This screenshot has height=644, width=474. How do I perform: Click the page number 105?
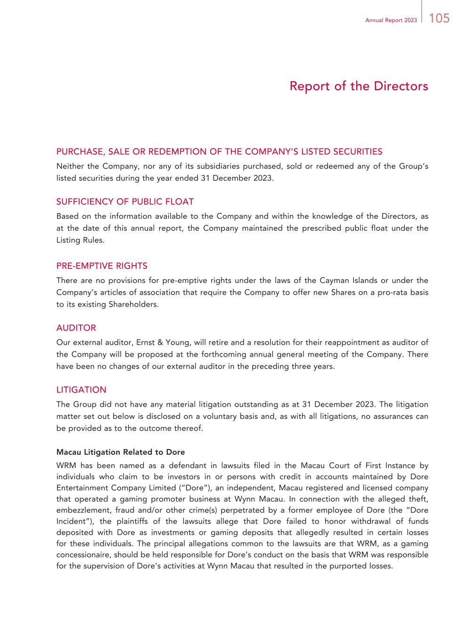439,18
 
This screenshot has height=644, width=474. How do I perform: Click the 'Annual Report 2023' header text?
391,20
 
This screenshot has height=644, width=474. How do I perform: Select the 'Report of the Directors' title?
359,86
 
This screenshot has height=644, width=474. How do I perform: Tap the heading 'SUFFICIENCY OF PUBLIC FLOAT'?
125,202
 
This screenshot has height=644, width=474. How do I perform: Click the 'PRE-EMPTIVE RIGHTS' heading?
102,266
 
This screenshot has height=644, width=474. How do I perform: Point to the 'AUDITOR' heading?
76,328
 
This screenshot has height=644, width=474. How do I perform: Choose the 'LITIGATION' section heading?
81,390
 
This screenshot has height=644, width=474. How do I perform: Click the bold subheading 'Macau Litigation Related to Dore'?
121,452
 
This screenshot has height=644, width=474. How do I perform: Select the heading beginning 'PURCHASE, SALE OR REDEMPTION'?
219,151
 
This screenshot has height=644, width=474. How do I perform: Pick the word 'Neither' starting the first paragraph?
70,167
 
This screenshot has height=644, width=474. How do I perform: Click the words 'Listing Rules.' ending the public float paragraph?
80,240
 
